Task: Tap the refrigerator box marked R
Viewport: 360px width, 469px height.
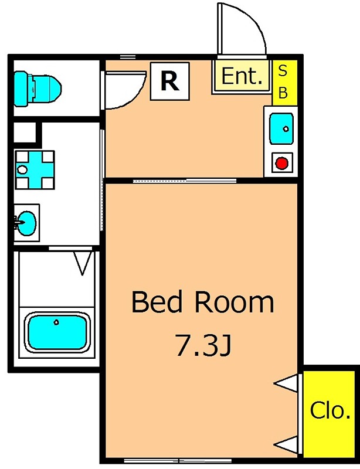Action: click(169, 81)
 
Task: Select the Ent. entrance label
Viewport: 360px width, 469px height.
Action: click(242, 76)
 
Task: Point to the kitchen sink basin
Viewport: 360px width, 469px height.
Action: click(281, 128)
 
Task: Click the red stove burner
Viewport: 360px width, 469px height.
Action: click(281, 164)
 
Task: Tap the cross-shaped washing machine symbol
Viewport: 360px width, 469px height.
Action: click(35, 170)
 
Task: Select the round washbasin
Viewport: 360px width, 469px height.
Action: click(26, 223)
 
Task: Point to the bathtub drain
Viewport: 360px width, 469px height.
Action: click(56, 322)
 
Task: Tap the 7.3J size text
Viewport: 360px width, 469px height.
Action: click(203, 345)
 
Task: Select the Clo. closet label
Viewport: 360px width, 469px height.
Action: click(330, 410)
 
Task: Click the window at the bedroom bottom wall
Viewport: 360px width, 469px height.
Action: click(178, 460)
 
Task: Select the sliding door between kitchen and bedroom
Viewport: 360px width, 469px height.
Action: click(185, 181)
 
